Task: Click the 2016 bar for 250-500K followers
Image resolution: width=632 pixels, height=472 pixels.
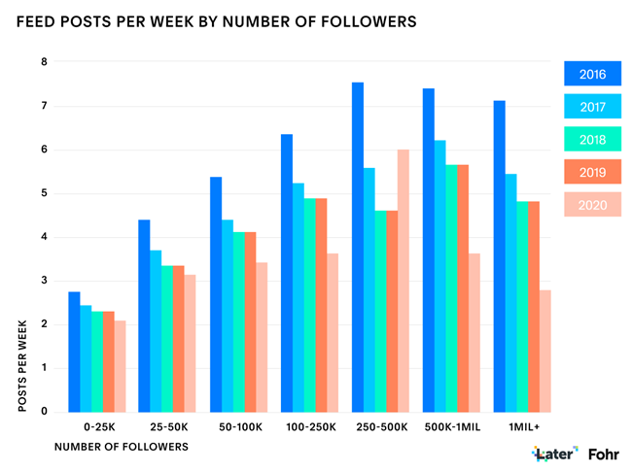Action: click(x=358, y=247)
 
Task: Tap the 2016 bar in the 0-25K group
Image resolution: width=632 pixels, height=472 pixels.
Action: click(x=74, y=352)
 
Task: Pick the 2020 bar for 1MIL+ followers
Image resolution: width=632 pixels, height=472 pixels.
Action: click(x=545, y=351)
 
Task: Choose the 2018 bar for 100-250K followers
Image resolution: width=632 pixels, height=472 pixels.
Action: click(x=310, y=305)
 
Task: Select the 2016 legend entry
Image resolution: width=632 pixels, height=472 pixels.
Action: click(x=592, y=74)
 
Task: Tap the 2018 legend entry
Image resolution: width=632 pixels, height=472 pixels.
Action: click(x=592, y=140)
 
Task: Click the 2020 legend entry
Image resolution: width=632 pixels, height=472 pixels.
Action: click(x=592, y=205)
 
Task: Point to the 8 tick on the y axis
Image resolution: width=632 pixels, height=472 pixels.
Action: click(x=44, y=62)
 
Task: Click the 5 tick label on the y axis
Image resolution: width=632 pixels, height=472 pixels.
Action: click(x=44, y=193)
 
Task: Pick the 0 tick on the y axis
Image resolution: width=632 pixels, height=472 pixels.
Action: click(x=44, y=412)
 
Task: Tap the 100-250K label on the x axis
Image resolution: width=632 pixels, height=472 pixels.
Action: click(x=310, y=427)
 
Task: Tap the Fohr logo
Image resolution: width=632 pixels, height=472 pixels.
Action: click(x=605, y=454)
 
